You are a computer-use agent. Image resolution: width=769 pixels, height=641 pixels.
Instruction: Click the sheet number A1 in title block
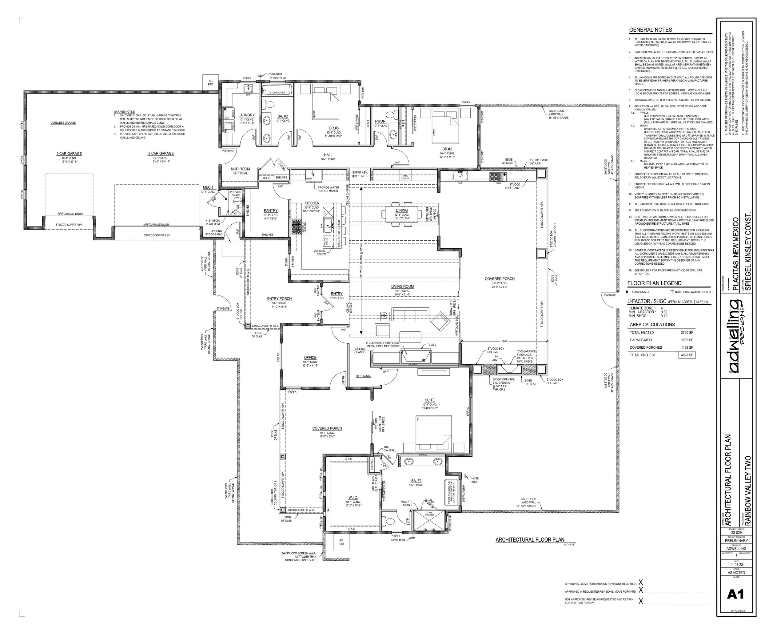click(735, 594)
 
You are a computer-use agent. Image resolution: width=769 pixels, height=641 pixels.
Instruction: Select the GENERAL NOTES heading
click(650, 30)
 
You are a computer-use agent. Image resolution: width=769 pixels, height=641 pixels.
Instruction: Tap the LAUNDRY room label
click(246, 115)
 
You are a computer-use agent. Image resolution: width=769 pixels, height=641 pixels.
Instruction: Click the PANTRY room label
click(271, 210)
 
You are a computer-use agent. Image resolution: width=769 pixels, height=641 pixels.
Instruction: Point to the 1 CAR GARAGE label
click(69, 154)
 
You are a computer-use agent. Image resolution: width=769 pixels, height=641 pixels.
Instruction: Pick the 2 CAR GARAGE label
click(161, 154)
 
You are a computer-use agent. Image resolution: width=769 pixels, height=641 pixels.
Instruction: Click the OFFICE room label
click(310, 358)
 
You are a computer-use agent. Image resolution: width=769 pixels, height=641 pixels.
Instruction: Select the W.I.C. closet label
click(353, 497)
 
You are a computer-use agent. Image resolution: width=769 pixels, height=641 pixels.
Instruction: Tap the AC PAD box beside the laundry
click(211, 82)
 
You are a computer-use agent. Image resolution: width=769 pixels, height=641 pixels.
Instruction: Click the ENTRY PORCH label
click(279, 298)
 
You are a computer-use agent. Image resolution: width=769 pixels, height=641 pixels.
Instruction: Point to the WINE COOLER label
click(405, 177)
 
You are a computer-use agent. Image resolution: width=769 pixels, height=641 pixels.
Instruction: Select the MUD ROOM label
click(240, 169)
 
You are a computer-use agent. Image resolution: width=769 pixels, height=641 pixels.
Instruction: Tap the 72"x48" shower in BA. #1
click(429, 521)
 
